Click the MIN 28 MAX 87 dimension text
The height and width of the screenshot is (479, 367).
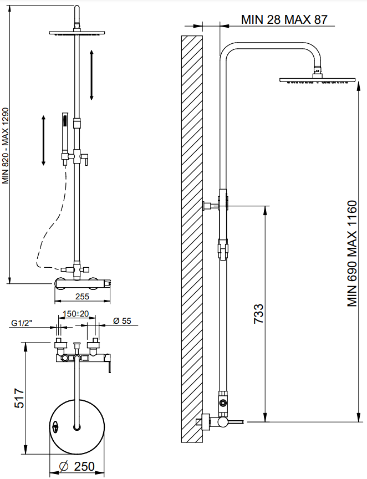click(x=284, y=19)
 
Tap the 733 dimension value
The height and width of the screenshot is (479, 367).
click(x=258, y=313)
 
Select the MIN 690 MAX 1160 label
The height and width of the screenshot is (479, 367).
click(x=352, y=253)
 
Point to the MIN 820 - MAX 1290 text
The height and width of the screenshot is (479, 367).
click(x=6, y=145)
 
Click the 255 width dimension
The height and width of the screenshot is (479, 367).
click(x=82, y=296)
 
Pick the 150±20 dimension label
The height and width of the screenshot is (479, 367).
click(x=75, y=314)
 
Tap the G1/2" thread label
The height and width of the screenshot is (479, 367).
click(x=22, y=323)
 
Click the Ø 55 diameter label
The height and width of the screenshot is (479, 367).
click(x=121, y=321)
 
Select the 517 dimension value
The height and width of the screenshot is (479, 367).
click(x=19, y=398)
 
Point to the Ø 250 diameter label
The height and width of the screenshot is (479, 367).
click(x=77, y=466)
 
